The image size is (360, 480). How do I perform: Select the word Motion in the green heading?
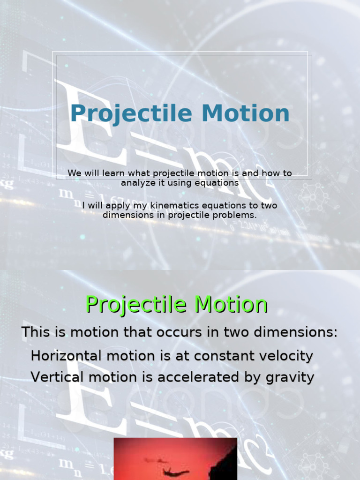coord(231,305)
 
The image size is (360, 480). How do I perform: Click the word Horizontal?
coord(66,356)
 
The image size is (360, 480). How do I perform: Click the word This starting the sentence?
coord(36,332)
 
